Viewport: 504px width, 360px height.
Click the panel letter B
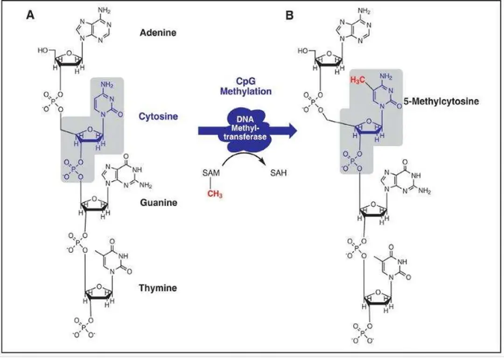pos(290,15)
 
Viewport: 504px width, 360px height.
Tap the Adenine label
pos(158,33)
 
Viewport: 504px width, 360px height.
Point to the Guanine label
pos(158,203)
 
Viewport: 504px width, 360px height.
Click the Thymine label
pos(158,288)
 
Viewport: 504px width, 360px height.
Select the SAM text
pos(210,173)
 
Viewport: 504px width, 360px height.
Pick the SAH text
pos(279,173)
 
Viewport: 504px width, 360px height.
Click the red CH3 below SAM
pos(215,194)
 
